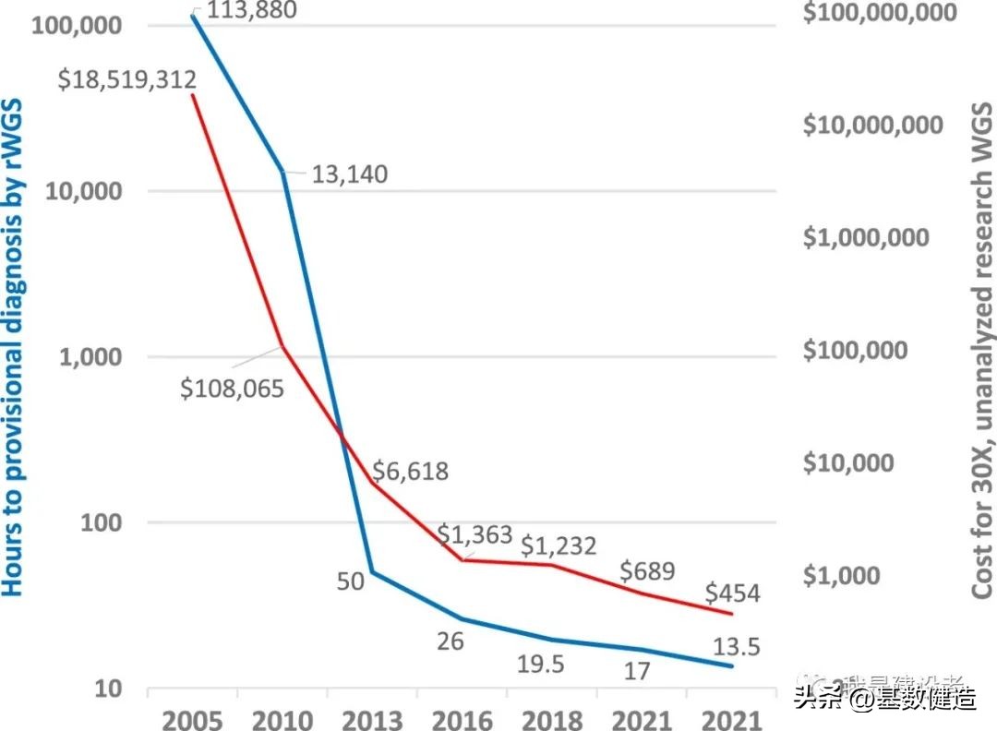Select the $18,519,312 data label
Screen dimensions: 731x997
pyautogui.click(x=126, y=79)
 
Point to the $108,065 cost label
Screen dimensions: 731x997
pyautogui.click(x=233, y=388)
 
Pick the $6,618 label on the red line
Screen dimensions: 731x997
pyautogui.click(x=410, y=472)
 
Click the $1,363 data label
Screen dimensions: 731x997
pyautogui.click(x=474, y=534)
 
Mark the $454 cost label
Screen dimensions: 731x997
pyautogui.click(x=732, y=592)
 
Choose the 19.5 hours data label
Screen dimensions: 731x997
pyautogui.click(x=540, y=664)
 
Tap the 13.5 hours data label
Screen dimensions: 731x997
pyautogui.click(x=735, y=647)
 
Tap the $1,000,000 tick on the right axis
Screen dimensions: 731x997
pyautogui.click(x=865, y=238)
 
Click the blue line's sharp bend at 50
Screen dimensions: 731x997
pyautogui.click(x=371, y=572)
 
